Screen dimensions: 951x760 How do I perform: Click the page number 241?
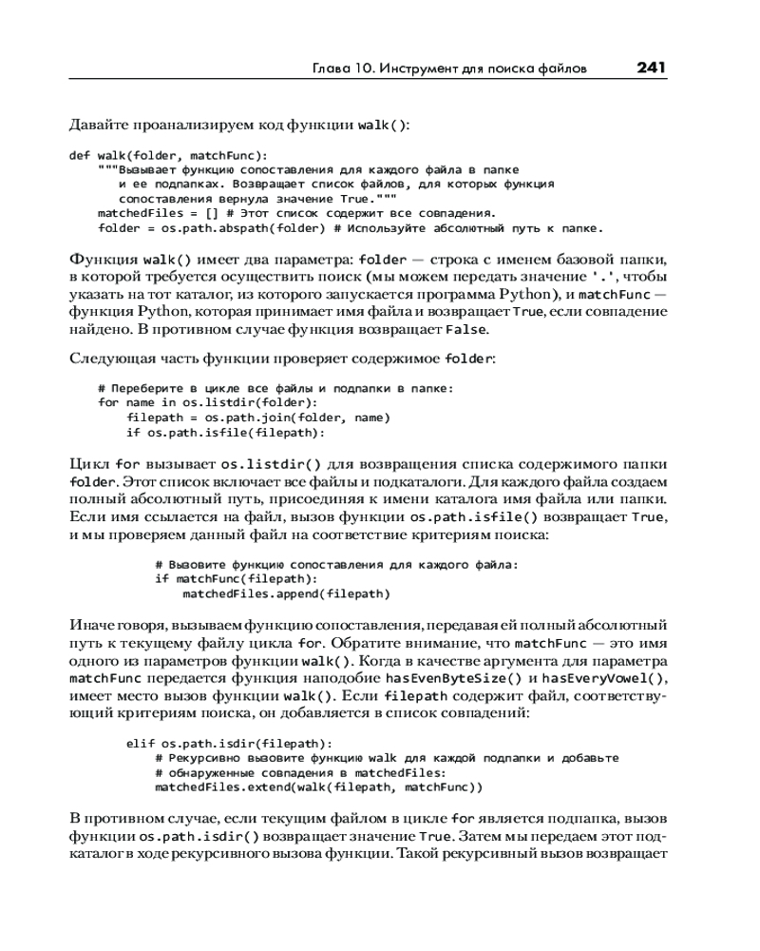pos(651,68)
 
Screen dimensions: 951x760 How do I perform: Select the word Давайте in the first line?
pos(98,125)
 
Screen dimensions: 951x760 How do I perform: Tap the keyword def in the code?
pos(80,155)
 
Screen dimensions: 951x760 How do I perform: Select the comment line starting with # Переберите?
pos(276,388)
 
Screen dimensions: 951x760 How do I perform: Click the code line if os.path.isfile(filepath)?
pos(225,432)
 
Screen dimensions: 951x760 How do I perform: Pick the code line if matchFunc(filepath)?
pos(236,578)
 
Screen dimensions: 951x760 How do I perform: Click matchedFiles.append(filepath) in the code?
pos(286,593)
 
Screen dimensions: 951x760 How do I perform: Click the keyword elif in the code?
pos(141,744)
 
